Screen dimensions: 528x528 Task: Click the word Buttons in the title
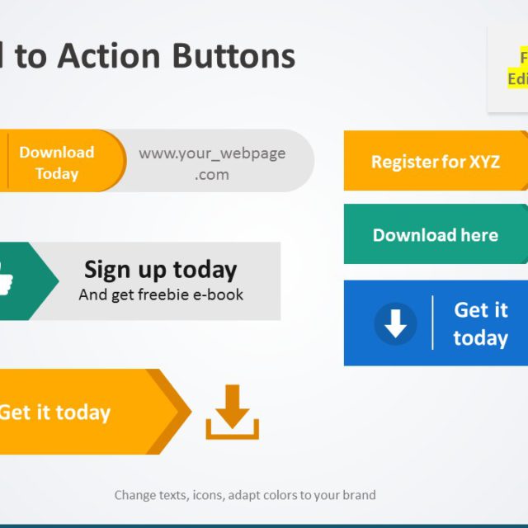233,56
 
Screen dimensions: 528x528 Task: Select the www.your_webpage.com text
212,163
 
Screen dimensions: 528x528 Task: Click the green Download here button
435,235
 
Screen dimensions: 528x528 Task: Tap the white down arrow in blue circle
395,323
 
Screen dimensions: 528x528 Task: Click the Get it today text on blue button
480,323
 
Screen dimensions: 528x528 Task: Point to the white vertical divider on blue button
432,323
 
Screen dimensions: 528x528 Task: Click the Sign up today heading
160,269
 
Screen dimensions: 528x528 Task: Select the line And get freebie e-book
161,295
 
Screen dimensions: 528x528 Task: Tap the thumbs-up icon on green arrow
7,278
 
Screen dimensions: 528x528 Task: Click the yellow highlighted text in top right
518,68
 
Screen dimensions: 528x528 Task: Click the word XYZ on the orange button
484,162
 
